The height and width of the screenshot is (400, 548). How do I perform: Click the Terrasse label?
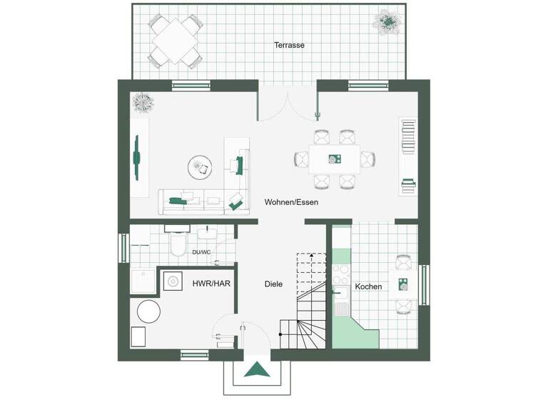289,45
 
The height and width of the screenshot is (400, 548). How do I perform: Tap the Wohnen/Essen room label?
291,202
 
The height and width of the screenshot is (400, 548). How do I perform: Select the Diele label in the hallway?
273,284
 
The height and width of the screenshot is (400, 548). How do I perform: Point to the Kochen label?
368,286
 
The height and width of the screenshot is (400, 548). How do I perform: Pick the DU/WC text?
201,252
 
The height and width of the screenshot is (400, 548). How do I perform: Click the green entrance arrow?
257,370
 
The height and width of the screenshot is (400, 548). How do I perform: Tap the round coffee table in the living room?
200,168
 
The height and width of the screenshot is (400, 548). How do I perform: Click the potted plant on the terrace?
387,21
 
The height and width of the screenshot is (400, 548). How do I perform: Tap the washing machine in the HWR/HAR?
172,281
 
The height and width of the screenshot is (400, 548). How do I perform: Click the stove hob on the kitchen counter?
340,274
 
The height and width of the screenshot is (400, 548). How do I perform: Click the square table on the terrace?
174,40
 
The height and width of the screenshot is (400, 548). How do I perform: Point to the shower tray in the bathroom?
143,282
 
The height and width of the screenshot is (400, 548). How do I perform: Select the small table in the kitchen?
404,284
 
